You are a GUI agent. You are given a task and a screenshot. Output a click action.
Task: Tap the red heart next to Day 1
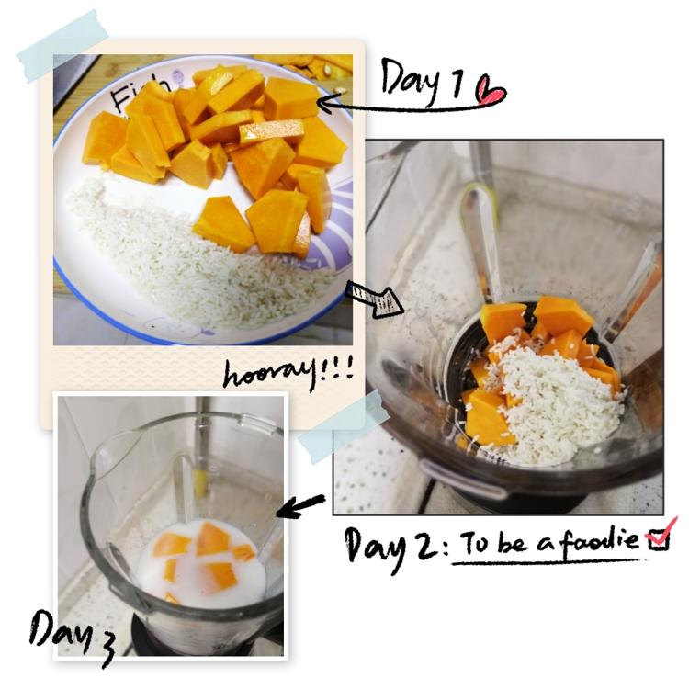tap(491, 91)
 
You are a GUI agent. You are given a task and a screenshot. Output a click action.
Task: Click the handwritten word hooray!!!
tap(288, 373)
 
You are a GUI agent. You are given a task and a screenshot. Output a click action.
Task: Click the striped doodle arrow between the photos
tap(375, 299)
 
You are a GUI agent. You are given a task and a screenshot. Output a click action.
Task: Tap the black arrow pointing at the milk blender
tap(300, 505)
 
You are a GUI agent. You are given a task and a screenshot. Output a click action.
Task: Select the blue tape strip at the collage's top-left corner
tap(62, 47)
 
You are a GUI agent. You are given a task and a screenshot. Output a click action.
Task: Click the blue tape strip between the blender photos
tap(344, 426)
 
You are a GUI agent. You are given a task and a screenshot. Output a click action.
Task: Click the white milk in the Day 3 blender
tap(202, 567)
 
